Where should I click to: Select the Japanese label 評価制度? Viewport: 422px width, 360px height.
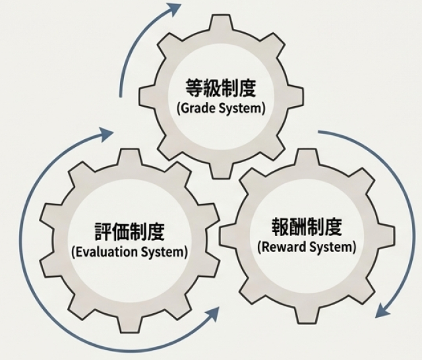click(130, 231)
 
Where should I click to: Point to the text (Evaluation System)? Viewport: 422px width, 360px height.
click(129, 251)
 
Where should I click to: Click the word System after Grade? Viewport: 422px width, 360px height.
click(241, 108)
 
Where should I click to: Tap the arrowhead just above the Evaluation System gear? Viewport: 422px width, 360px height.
click(105, 135)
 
